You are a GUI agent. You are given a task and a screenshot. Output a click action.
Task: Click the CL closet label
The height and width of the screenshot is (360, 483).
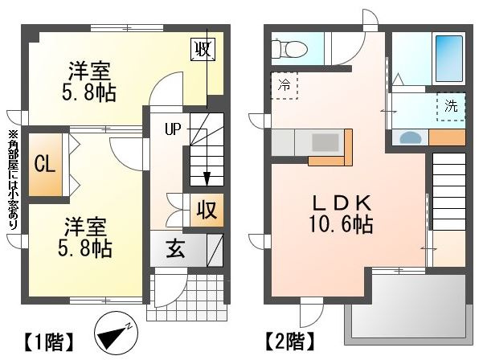44,164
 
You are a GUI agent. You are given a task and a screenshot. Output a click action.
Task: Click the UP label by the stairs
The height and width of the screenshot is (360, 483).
174,128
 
